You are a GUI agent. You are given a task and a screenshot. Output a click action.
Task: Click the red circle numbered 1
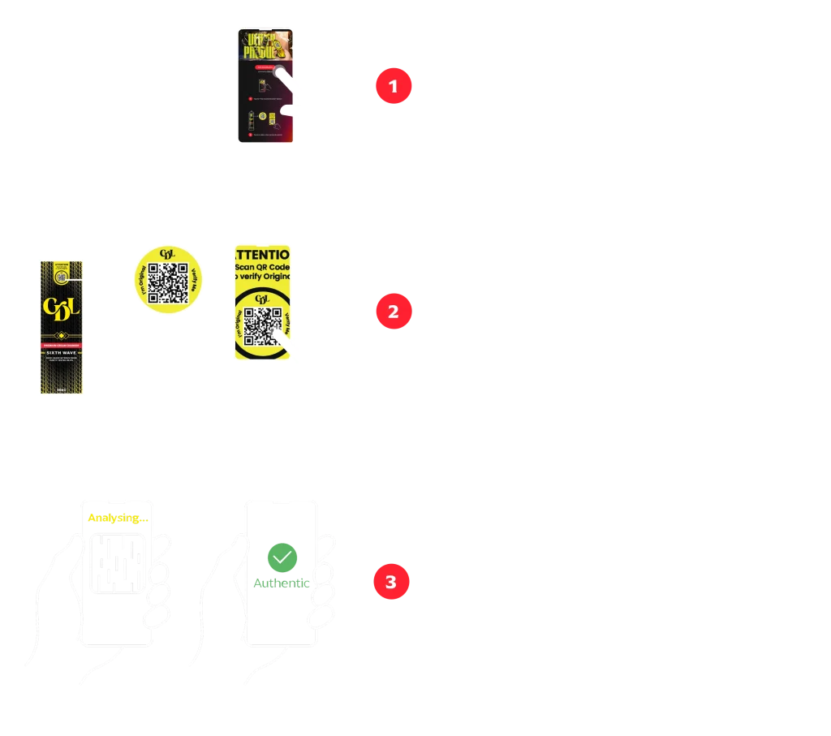tap(394, 87)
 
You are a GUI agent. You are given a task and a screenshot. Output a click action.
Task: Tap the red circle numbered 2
tap(394, 312)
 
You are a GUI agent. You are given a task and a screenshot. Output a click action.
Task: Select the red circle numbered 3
tap(391, 582)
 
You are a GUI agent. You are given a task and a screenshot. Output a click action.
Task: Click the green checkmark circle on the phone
tap(282, 557)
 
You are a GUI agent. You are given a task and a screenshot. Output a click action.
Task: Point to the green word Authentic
tap(281, 583)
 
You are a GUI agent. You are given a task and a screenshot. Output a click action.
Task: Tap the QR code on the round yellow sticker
tap(169, 283)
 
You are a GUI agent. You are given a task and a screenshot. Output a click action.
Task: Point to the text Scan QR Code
tap(262, 268)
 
